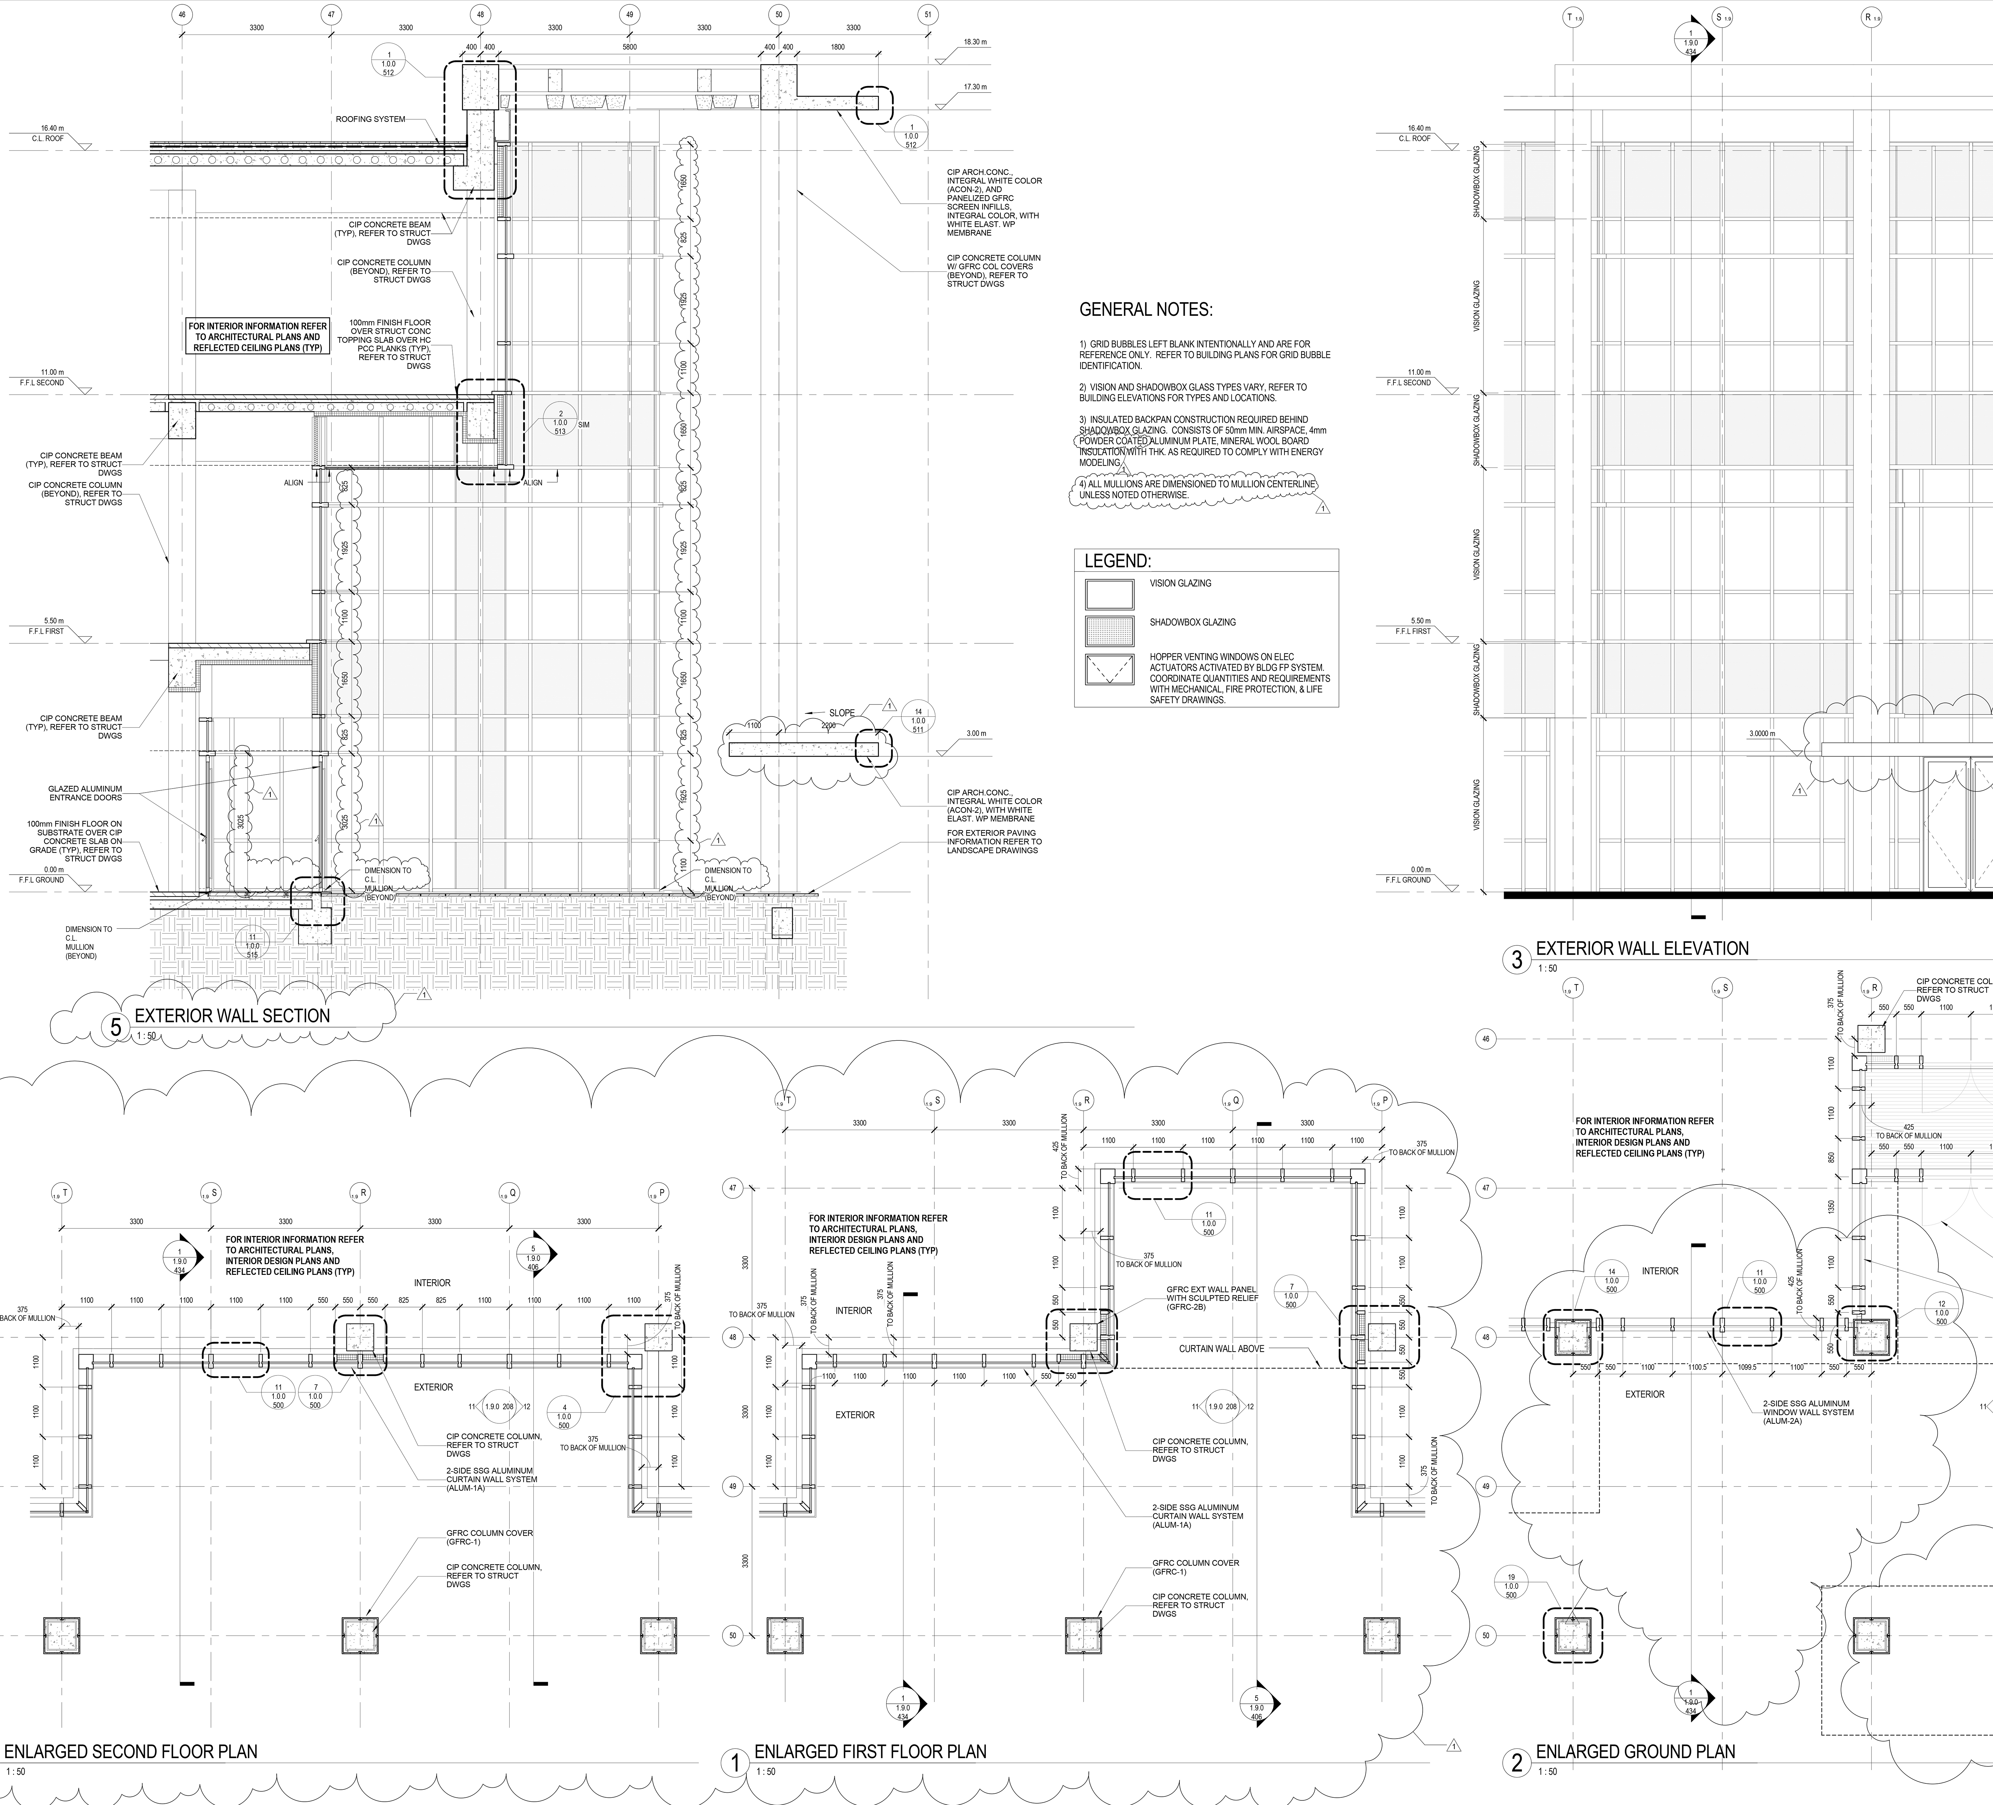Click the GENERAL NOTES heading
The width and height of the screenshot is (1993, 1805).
[1145, 309]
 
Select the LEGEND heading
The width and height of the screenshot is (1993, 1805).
[1117, 560]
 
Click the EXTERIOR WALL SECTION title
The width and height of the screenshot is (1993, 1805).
[232, 1015]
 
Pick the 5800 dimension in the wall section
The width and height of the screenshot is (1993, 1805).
[630, 47]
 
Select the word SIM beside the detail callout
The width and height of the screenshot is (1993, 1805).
[583, 425]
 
